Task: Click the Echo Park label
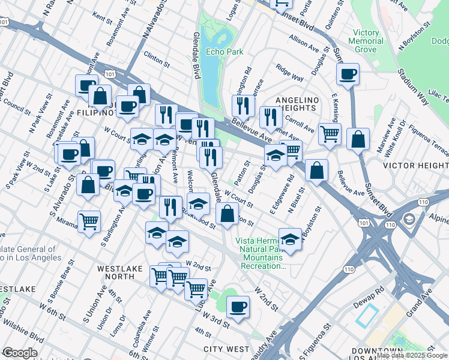pyautogui.click(x=224, y=52)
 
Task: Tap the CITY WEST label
pyautogui.click(x=226, y=349)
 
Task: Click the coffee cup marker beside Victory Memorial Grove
pyautogui.click(x=348, y=74)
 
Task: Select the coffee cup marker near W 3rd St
pyautogui.click(x=238, y=307)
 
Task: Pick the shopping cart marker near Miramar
pyautogui.click(x=89, y=221)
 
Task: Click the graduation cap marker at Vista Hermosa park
pyautogui.click(x=290, y=239)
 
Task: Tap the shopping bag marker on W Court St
pyautogui.click(x=227, y=214)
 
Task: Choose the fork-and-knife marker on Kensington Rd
pyautogui.click(x=243, y=106)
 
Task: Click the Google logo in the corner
pyautogui.click(x=19, y=352)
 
